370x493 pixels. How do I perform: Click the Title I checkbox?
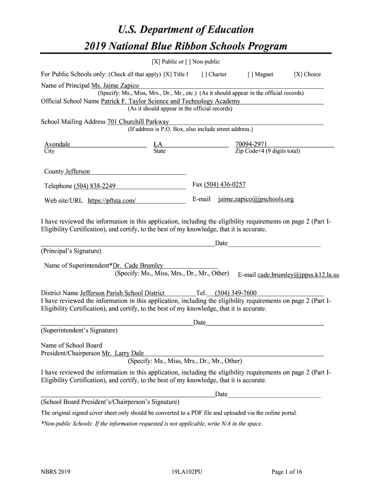tap(167, 75)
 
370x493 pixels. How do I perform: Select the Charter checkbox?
tap(204, 75)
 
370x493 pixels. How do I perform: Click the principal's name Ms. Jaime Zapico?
tap(115, 86)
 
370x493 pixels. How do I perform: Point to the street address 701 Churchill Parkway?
tap(138, 122)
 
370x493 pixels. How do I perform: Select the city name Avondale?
tap(57, 144)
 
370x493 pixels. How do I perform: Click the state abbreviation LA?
tap(158, 144)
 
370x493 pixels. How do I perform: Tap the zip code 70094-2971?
tap(251, 144)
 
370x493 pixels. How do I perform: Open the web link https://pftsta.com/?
tap(111, 201)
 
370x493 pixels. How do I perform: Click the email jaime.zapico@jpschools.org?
tap(256, 199)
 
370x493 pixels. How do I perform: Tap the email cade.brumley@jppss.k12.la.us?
tap(298, 275)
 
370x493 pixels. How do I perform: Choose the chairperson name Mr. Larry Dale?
tap(123, 353)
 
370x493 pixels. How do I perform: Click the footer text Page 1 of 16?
tap(287, 472)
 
